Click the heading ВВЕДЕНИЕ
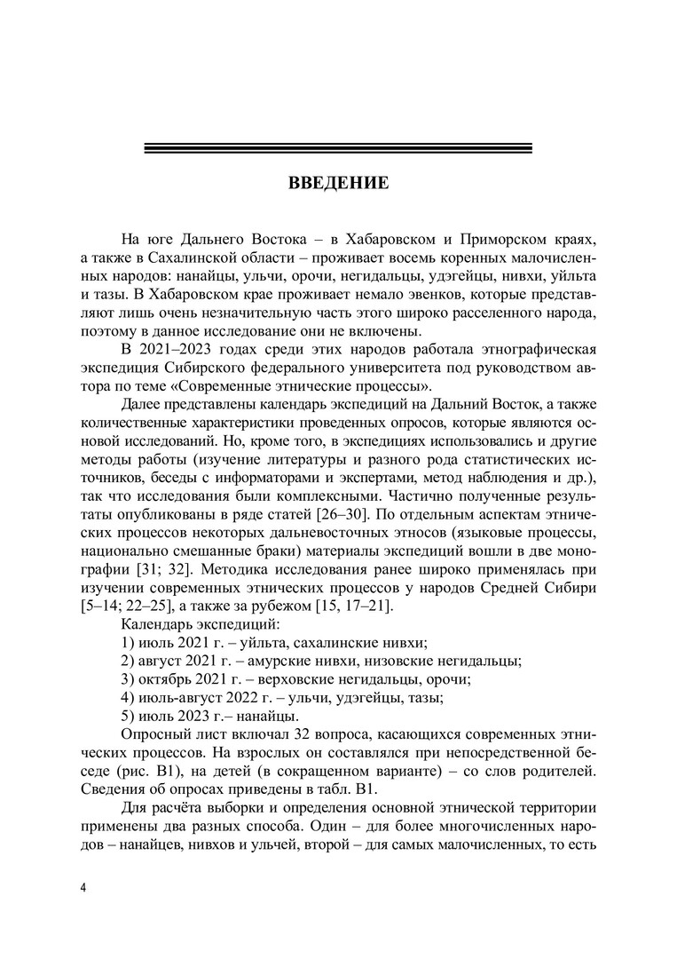(x=338, y=185)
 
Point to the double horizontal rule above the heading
(x=338, y=148)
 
